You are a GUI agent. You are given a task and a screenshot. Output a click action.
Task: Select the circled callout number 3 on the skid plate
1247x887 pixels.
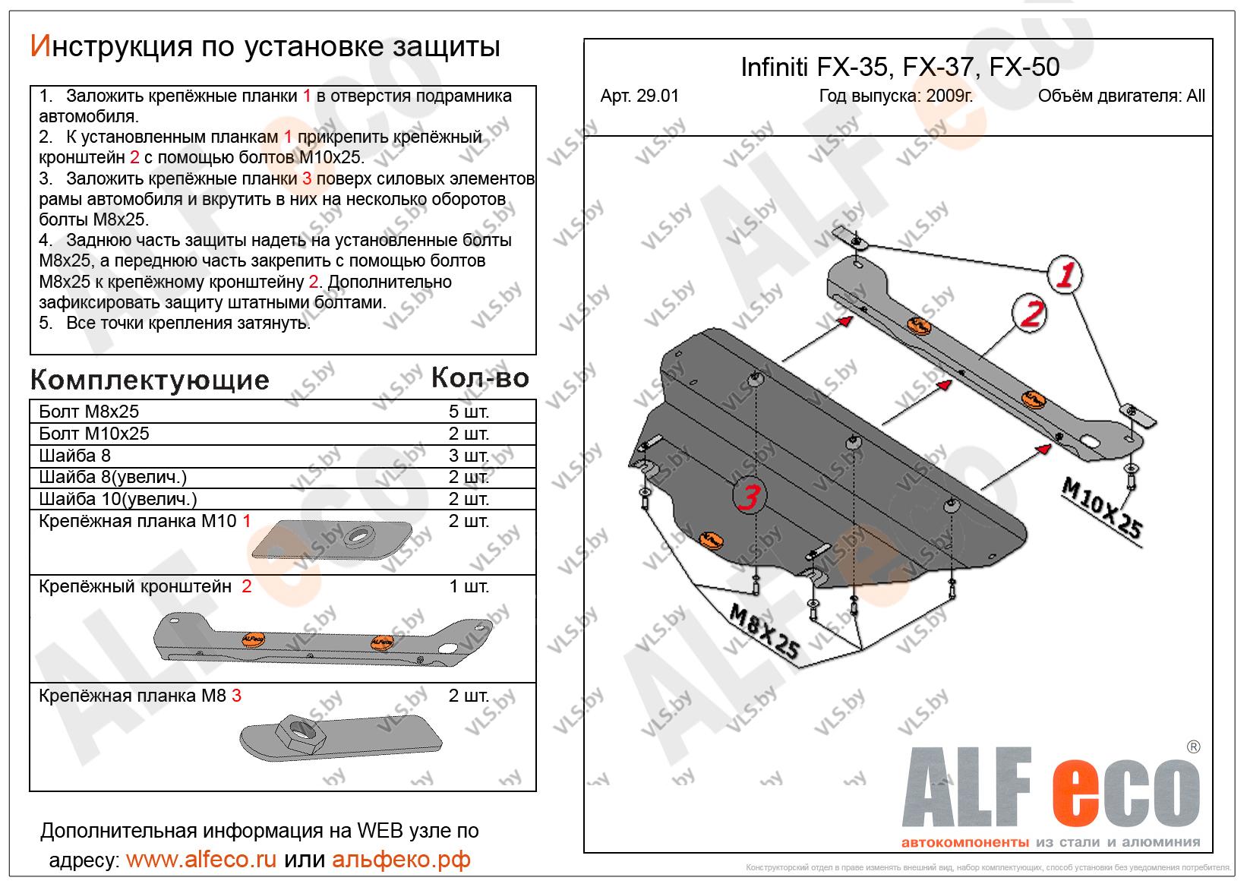(x=748, y=497)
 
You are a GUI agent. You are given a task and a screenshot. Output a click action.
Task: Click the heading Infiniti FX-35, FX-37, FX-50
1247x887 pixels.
(x=899, y=68)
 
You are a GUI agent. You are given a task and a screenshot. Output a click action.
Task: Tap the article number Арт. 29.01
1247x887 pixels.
(x=639, y=96)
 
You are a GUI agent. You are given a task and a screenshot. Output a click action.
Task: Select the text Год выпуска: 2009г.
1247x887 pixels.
(x=895, y=96)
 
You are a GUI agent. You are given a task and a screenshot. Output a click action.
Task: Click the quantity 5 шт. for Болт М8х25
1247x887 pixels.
(x=469, y=412)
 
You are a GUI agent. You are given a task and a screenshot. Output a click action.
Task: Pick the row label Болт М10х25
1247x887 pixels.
(x=94, y=434)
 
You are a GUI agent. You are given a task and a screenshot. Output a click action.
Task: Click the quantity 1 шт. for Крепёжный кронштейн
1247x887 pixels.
(x=469, y=586)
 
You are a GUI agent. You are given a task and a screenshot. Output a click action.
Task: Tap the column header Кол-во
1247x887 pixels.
(x=480, y=377)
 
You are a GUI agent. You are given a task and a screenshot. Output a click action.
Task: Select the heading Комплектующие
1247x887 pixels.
(x=150, y=379)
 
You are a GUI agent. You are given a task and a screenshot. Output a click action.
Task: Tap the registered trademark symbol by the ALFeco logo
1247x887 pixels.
(x=1192, y=747)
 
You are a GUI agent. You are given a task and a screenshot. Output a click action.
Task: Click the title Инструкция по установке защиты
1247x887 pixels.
(x=265, y=47)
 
